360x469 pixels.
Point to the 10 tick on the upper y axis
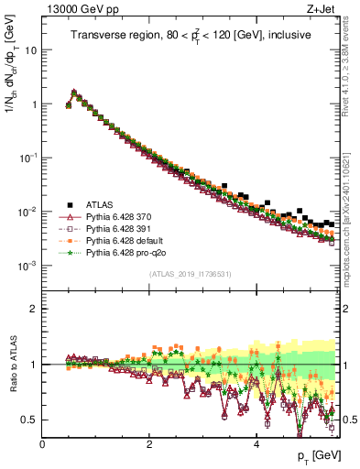click(30, 49)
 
